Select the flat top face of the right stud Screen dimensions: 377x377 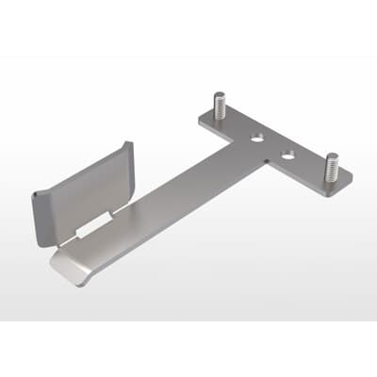tap(331, 156)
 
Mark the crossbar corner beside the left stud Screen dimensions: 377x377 tap(203, 121)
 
